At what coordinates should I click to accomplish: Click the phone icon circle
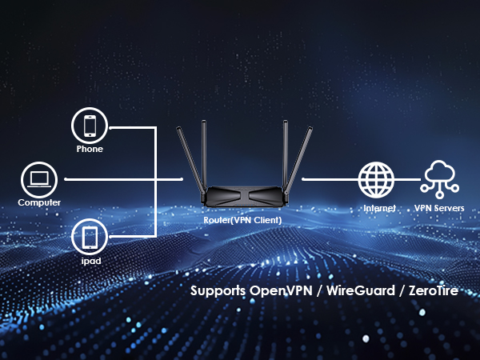point(90,126)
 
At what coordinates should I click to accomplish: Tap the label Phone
point(90,149)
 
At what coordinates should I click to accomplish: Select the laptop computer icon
point(39,179)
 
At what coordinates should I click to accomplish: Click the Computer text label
point(39,202)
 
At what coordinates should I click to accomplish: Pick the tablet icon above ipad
point(90,237)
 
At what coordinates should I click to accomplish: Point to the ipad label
point(90,261)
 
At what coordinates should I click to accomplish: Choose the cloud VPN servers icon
point(439,178)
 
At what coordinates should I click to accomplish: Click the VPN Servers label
point(439,208)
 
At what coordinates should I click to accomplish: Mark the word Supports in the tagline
point(218,290)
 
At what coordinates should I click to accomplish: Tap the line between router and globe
point(328,179)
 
